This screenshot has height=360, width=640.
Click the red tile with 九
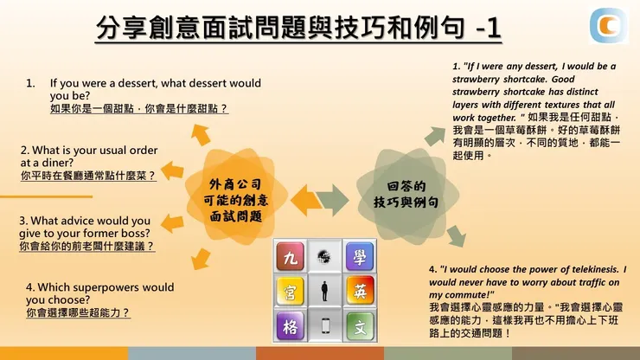[x=288, y=256]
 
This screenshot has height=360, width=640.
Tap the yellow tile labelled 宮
[x=288, y=291]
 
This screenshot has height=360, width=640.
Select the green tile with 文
[x=359, y=326]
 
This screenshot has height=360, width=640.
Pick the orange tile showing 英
[x=359, y=291]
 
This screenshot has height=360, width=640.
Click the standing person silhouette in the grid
[x=324, y=291]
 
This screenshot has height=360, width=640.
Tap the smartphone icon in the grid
[x=324, y=326]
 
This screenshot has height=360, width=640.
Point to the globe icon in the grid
[x=324, y=256]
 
